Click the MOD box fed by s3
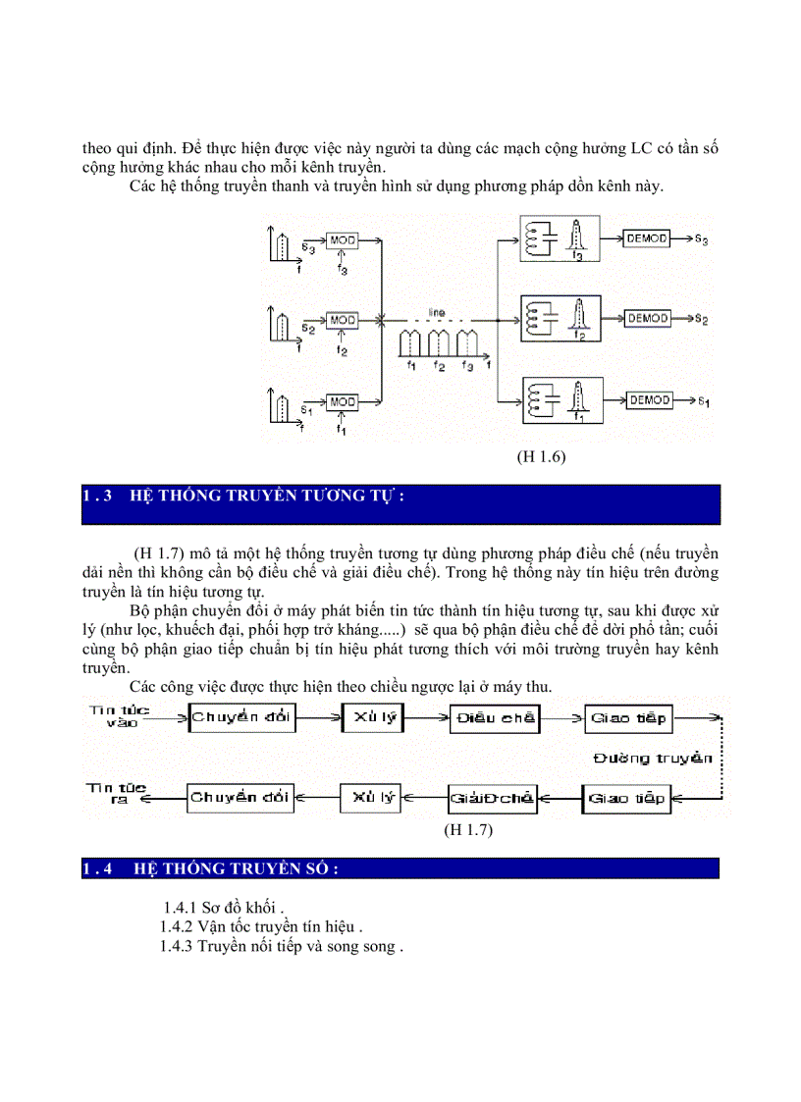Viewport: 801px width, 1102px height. (342, 240)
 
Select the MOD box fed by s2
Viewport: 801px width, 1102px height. (342, 320)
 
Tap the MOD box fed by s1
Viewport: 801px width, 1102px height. (342, 401)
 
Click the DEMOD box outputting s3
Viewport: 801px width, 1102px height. (647, 238)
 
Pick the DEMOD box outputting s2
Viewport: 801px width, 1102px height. (647, 319)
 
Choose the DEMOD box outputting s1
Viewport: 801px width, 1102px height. (647, 399)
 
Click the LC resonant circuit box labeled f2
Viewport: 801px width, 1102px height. (559, 319)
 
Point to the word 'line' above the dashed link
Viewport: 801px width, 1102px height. (437, 312)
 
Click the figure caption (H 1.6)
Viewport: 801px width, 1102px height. (542, 456)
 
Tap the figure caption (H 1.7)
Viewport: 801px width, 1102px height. (467, 830)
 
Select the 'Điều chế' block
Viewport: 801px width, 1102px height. (495, 718)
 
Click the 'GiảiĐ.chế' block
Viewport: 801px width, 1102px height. (492, 798)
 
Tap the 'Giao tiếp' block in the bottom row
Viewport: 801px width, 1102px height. (626, 798)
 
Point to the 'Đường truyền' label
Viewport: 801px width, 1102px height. (667, 758)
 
